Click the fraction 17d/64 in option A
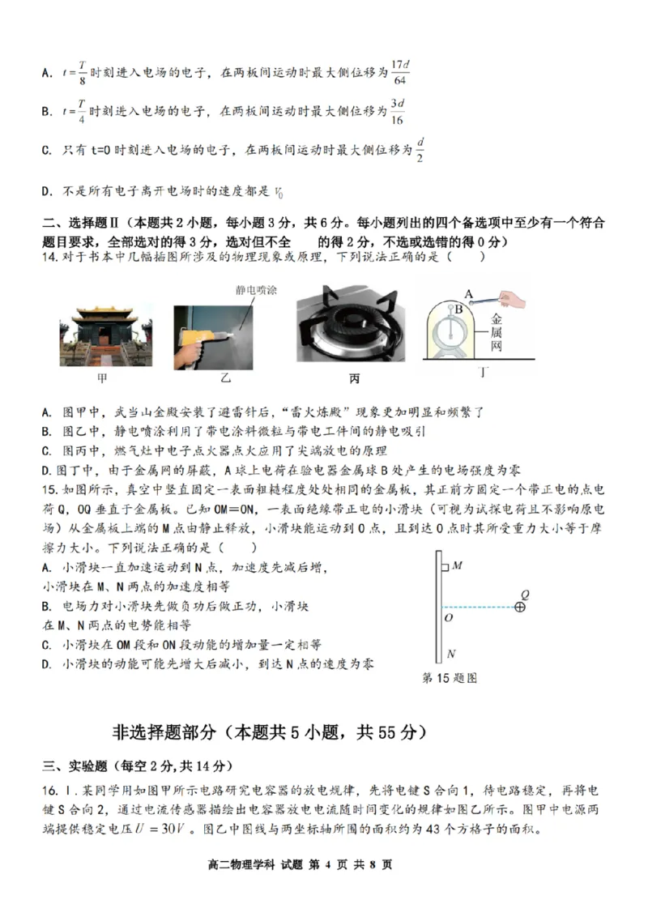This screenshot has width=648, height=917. coord(398,71)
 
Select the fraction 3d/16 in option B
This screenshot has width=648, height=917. coord(397,112)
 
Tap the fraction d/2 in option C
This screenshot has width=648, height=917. coord(420,150)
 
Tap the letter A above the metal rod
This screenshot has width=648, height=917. coord(468,293)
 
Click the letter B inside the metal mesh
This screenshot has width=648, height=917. coord(458,309)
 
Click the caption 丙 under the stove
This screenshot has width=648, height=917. coord(354,378)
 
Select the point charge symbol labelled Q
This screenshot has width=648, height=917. coord(521,606)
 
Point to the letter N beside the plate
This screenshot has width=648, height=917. coord(451,653)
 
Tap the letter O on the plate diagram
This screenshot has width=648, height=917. coord(449,617)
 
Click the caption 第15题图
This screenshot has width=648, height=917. coord(450,678)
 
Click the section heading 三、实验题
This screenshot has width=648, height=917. coord(75,766)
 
